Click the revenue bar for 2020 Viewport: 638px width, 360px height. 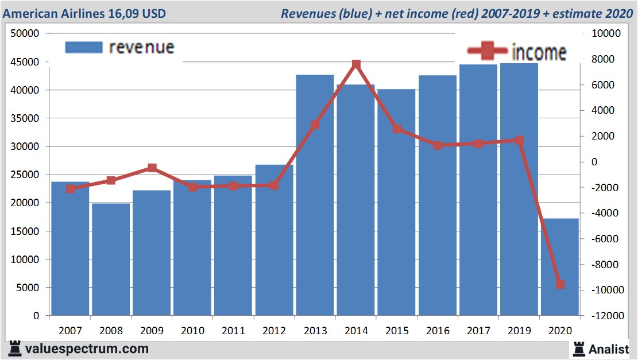560,267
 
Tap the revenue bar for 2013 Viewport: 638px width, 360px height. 315,195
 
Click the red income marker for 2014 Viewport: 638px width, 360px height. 356,64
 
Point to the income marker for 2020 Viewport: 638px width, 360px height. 560,284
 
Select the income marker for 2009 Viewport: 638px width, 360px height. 152,168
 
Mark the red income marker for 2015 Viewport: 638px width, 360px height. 397,129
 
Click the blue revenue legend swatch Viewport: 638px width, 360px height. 84,48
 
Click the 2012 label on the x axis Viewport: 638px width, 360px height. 274,331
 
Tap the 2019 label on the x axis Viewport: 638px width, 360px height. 519,331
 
